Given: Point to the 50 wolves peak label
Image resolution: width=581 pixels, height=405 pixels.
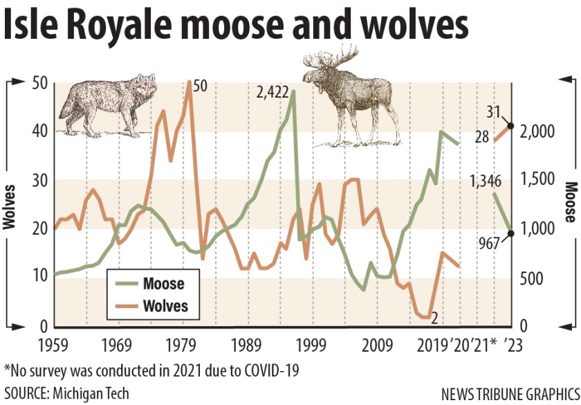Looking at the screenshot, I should coord(201,85).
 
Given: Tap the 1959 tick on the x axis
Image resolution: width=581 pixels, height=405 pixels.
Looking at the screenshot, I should coord(55,343).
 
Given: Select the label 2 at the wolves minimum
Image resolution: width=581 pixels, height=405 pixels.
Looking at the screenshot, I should coord(434,318).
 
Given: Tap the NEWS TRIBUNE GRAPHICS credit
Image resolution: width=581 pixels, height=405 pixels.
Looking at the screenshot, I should coord(509,393).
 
